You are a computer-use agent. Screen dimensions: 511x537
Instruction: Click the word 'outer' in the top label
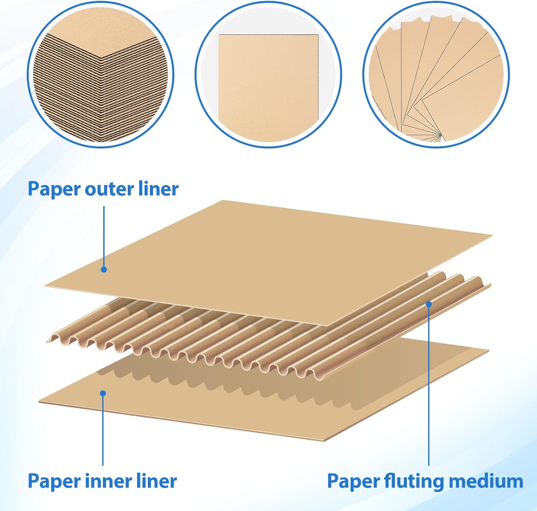106,189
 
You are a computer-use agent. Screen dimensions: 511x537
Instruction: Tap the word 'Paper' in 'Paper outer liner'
54,189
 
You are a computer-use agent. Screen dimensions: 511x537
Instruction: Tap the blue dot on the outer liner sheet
104,269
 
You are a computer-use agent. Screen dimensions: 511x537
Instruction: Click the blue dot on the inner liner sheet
103,394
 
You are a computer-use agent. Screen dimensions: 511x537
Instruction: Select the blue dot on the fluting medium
429,304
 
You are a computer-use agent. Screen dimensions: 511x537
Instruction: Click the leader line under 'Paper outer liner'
104,236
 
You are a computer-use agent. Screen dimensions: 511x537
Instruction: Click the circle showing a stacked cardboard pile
100,74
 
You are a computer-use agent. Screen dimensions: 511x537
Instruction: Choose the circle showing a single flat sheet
268,74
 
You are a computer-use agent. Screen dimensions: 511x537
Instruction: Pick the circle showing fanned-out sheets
436,74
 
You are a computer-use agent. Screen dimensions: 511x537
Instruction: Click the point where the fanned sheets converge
440,135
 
